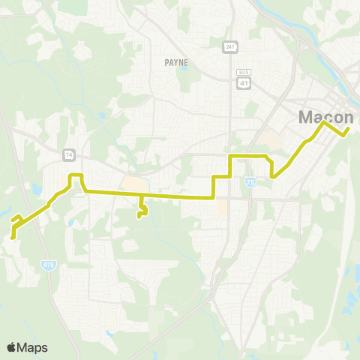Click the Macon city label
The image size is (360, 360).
pos(326,117)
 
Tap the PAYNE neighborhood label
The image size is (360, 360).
pos(176,63)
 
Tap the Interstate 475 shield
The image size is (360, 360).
pos(46,264)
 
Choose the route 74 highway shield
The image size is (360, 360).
pos(69,154)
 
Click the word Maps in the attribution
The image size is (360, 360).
pos(32,347)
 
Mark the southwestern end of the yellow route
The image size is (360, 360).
pos(13,237)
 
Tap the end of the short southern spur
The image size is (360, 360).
pos(139,217)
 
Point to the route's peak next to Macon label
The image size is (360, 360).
pos(324,122)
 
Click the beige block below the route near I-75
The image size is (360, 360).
pos(222,208)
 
